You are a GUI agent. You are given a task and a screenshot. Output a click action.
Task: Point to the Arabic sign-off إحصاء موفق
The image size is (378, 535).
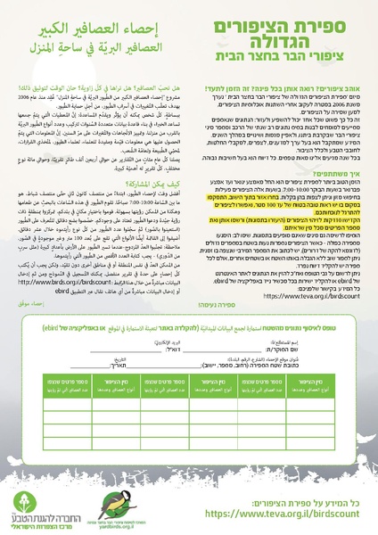157,328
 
